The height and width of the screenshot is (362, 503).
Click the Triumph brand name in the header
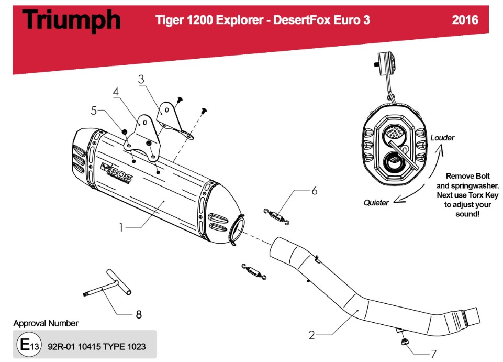pyautogui.click(x=72, y=20)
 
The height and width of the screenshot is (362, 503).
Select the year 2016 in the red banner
pyautogui.click(x=465, y=20)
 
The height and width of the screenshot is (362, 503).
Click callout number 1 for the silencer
pyautogui.click(x=121, y=227)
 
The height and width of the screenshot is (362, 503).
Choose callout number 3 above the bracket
pyautogui.click(x=141, y=80)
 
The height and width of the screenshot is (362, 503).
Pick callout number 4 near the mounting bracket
pyautogui.click(x=116, y=91)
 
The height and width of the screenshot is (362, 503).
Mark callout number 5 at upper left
pyautogui.click(x=94, y=110)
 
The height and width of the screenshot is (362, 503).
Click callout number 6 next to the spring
pyautogui.click(x=314, y=191)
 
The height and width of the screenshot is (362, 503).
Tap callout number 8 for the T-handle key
pyautogui.click(x=138, y=314)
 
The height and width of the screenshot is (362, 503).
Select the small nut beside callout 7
pyautogui.click(x=405, y=342)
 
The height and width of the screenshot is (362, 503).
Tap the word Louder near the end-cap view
pyautogui.click(x=442, y=138)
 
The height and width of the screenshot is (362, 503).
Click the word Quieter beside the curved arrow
pyautogui.click(x=376, y=203)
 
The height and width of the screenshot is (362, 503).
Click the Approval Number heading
pyautogui.click(x=46, y=323)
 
